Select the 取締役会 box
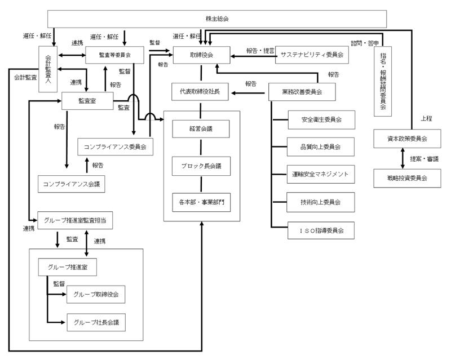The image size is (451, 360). coord(201,55)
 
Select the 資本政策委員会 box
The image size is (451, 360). coord(408,138)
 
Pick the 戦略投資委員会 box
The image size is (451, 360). coord(408,178)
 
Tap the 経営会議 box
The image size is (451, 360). coord(201,129)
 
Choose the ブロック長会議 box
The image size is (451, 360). coord(201,166)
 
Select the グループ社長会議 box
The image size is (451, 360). coord(96,323)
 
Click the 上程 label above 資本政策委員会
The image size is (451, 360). coord(427,119)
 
